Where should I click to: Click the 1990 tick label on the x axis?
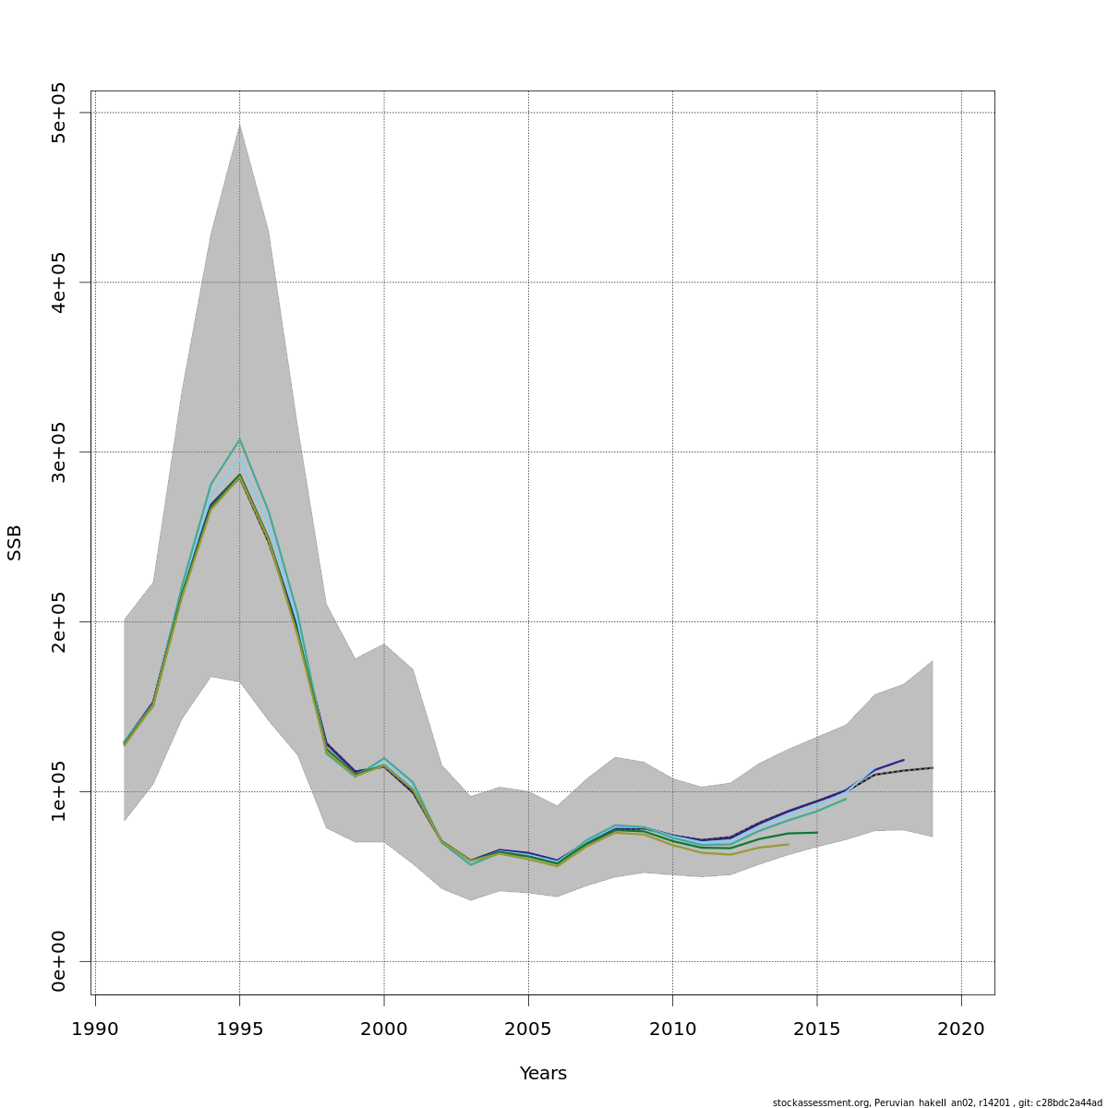click(95, 1029)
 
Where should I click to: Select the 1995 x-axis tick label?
click(239, 1029)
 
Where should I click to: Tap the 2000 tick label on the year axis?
click(384, 1029)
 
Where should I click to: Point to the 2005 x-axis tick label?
click(528, 1029)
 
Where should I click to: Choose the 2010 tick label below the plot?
click(672, 1029)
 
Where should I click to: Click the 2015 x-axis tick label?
click(817, 1029)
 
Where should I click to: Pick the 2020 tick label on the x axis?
click(961, 1029)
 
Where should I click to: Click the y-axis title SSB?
click(15, 543)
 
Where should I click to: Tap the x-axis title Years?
click(543, 1074)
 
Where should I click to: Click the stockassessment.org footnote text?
click(937, 1102)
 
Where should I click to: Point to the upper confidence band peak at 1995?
click(239, 124)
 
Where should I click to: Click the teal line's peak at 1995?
click(239, 440)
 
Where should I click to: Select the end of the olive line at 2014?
click(788, 844)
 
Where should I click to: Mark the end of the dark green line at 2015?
click(817, 833)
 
